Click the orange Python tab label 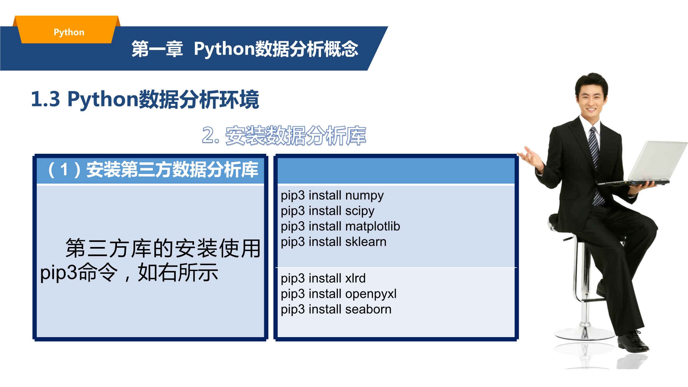tap(69, 32)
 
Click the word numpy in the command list tap(364, 196)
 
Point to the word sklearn tap(366, 241)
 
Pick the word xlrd tap(355, 278)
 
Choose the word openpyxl tap(371, 294)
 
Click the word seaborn tap(368, 309)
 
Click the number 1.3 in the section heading tap(45, 99)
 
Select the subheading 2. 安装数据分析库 tap(284, 136)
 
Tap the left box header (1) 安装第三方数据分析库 tap(153, 170)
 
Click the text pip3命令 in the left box tap(79, 272)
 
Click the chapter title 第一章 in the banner tap(157, 49)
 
